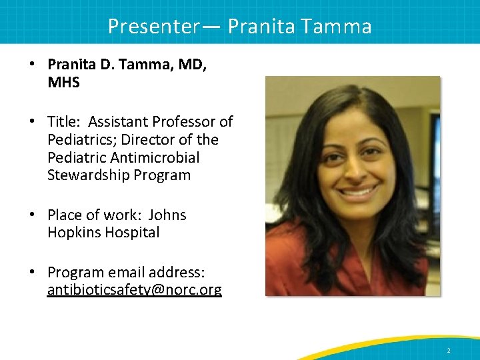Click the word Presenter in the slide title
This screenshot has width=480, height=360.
click(153, 26)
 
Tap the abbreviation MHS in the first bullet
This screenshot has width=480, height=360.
click(63, 82)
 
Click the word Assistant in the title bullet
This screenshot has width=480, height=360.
click(117, 122)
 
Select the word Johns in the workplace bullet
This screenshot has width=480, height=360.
click(167, 215)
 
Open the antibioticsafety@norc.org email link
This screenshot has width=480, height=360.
click(135, 290)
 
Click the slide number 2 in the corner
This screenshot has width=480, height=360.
click(449, 350)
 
